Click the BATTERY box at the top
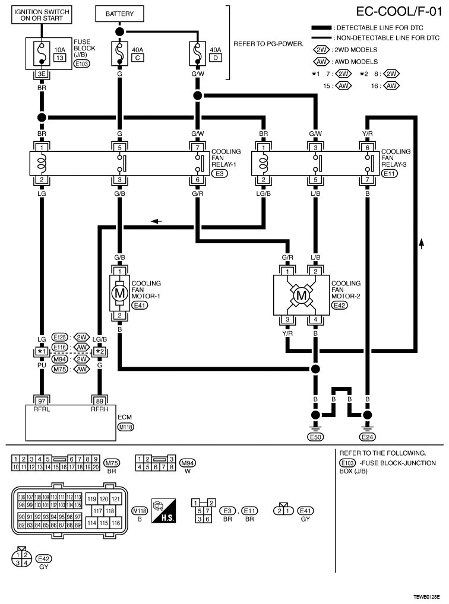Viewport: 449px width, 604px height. pos(119,14)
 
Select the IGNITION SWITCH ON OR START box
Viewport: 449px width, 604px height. pos(42,15)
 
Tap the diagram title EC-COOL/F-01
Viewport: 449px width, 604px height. pos(399,11)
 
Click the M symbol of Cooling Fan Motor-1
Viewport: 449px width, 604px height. pos(119,293)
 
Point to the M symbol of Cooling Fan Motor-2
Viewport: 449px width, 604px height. pos(301,295)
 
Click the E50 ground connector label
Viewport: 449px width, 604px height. pos(315,437)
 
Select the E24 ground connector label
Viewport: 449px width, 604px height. pos(367,437)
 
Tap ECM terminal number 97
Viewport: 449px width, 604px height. pos(42,401)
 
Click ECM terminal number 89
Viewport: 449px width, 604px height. pos(100,401)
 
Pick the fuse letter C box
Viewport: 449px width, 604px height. pos(138,58)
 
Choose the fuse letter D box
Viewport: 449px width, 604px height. pos(216,58)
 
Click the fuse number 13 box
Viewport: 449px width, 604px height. pos(59,58)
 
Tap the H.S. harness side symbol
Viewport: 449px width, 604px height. pos(163,511)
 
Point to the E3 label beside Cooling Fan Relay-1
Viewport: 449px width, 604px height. pos(220,173)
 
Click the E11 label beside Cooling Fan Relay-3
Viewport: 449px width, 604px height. pos(390,173)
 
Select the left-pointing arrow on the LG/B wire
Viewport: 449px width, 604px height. pos(156,221)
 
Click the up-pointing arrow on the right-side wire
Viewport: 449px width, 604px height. pos(422,243)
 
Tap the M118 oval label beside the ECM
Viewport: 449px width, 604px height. pos(126,427)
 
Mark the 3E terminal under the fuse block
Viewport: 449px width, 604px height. pos(42,74)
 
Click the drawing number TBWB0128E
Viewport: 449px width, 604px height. pos(426,597)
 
